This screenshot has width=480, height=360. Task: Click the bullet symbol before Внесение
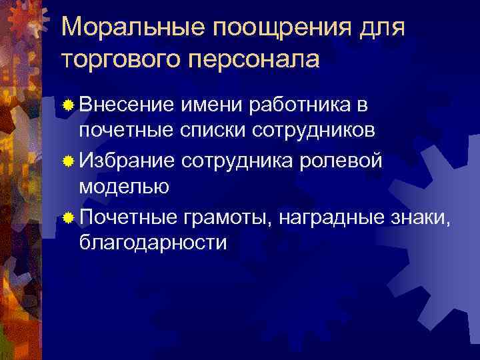click(68, 105)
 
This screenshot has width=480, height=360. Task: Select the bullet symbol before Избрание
click(68, 160)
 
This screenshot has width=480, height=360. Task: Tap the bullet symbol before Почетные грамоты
click(68, 215)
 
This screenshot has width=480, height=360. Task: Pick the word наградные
click(328, 216)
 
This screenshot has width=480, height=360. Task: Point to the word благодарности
click(153, 243)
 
